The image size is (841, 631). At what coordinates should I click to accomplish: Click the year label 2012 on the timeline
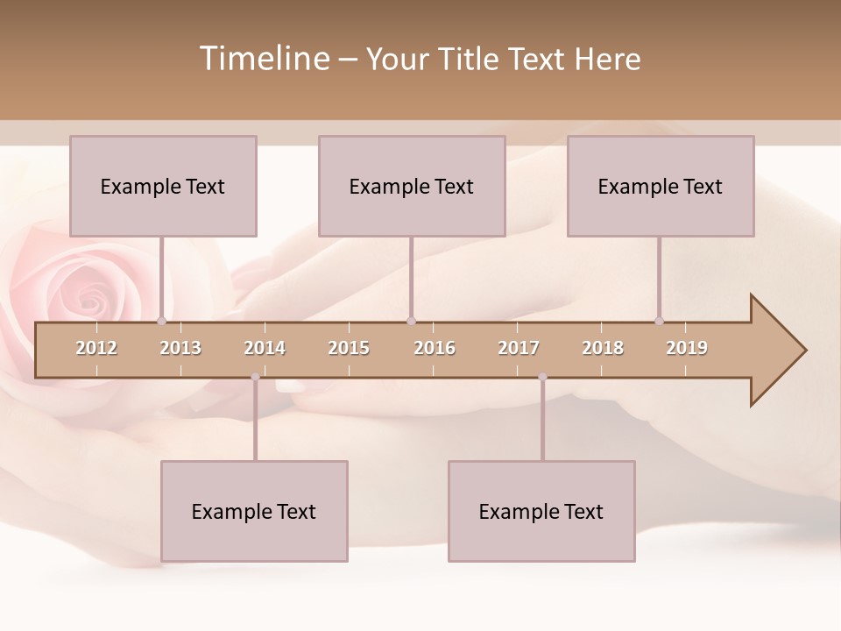(96, 348)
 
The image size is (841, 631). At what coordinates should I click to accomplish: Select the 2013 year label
(180, 348)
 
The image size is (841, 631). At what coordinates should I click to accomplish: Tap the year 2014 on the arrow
(265, 348)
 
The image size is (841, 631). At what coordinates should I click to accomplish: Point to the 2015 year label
(349, 348)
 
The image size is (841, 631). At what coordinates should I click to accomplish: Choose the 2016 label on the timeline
(435, 348)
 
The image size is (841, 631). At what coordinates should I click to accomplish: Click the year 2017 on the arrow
(519, 348)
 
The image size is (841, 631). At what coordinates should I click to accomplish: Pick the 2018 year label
(603, 348)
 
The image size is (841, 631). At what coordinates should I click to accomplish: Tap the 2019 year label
(687, 348)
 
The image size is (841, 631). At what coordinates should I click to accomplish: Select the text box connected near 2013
(163, 186)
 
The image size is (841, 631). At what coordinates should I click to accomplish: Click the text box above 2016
(412, 186)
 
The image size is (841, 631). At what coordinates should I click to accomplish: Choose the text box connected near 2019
(661, 186)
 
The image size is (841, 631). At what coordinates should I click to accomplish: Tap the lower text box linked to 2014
(254, 511)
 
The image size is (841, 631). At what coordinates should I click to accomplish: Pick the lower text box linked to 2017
(541, 511)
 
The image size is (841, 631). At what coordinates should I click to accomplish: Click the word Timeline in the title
(263, 59)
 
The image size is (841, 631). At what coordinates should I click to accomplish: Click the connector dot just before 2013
(161, 322)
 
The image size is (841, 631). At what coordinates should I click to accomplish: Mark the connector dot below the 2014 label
(255, 377)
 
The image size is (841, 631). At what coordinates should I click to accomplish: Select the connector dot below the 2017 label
(542, 377)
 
